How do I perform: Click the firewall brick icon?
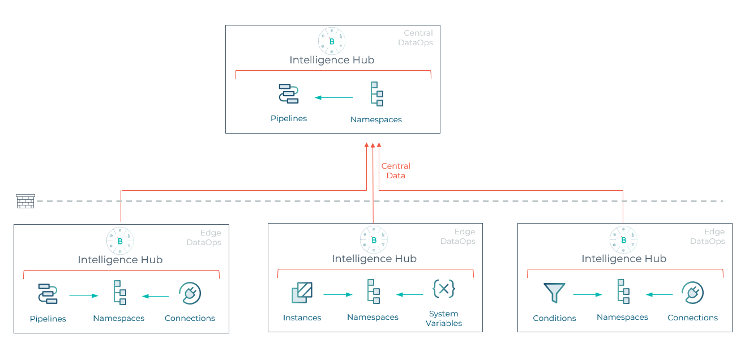coord(25,201)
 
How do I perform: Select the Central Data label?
coord(396,171)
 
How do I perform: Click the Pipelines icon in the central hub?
coord(289,93)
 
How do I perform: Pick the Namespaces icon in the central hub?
coord(376,94)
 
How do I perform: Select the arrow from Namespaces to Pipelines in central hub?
coord(333,98)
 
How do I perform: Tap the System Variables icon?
coord(444,289)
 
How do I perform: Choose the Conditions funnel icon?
coord(554,293)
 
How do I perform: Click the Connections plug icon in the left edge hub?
coord(190,293)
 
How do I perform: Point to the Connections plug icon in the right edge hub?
coord(692,293)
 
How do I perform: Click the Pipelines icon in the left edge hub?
coord(48,293)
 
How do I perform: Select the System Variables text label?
coord(444,319)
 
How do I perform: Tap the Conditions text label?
coord(554,318)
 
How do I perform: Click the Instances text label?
coord(302,318)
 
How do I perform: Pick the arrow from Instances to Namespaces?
coord(337,294)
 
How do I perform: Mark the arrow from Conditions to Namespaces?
coord(587,294)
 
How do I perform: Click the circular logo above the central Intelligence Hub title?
coord(332,41)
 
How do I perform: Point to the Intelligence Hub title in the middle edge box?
coord(374,259)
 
